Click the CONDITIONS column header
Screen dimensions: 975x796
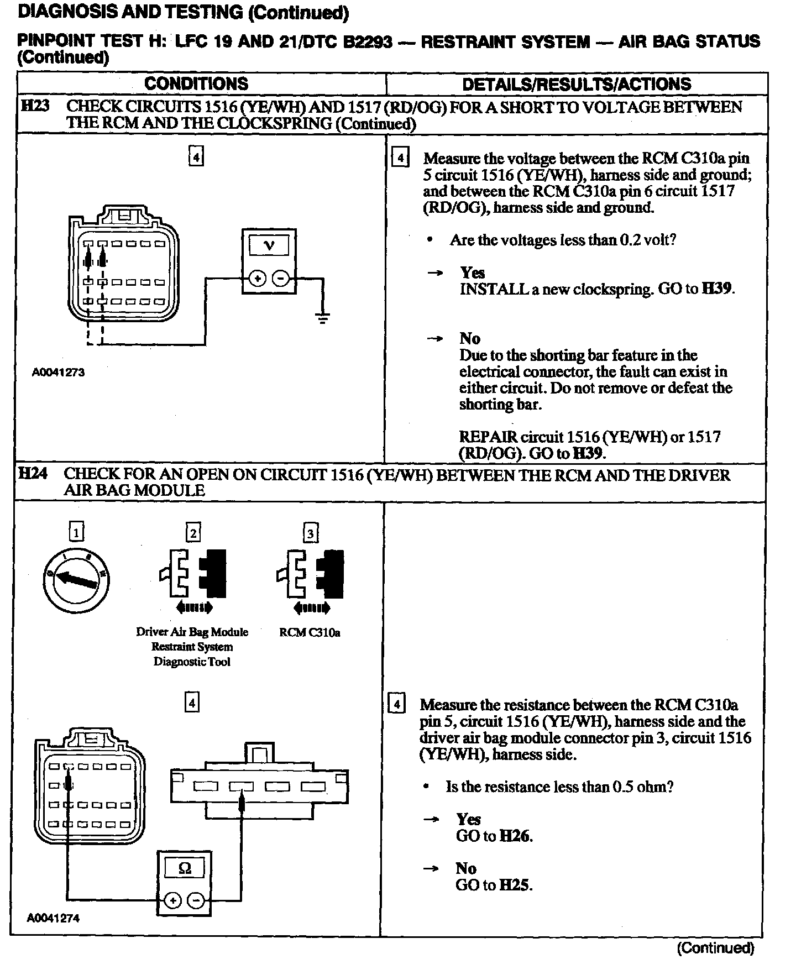point(196,84)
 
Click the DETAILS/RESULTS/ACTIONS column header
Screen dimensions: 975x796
point(577,84)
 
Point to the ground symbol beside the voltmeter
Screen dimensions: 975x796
point(323,317)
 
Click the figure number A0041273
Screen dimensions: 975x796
point(59,372)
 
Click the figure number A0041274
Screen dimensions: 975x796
point(54,918)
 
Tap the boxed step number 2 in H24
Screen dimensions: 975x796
point(193,533)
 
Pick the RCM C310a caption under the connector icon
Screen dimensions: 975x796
point(310,632)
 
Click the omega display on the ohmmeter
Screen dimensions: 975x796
point(185,868)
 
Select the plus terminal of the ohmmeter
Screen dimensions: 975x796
point(174,901)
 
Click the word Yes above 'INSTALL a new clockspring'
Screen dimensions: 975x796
point(473,272)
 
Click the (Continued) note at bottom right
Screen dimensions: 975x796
point(715,948)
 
